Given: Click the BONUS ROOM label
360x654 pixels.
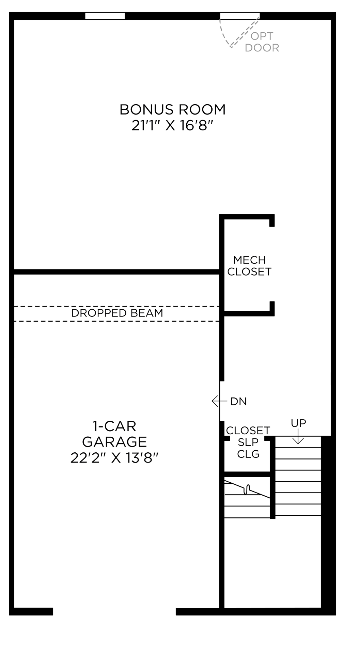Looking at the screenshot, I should [173, 110].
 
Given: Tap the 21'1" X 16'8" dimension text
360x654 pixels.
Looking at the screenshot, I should [173, 126].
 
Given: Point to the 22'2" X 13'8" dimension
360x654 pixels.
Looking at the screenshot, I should [114, 458].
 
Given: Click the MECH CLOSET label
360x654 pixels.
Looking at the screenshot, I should [249, 266].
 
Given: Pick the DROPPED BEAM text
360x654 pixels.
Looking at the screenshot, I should [117, 313].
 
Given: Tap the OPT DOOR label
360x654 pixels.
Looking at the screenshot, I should [262, 42].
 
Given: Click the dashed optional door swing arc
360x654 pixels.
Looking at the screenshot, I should [224, 36].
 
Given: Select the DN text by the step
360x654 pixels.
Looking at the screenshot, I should [238, 402].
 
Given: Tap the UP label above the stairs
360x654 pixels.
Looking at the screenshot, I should [298, 423].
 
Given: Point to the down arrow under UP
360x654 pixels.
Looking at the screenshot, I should [298, 438].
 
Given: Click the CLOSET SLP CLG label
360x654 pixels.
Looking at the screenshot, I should [248, 442].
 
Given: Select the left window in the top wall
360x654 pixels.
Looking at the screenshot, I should [105, 16].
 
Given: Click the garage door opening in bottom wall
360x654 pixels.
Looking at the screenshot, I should [114, 611].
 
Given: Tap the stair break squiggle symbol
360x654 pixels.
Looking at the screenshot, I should [248, 489].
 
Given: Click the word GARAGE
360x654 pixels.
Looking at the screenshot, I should [114, 442].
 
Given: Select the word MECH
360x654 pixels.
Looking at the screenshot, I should [249, 260].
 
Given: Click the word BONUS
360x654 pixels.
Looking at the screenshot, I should [145, 110].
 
